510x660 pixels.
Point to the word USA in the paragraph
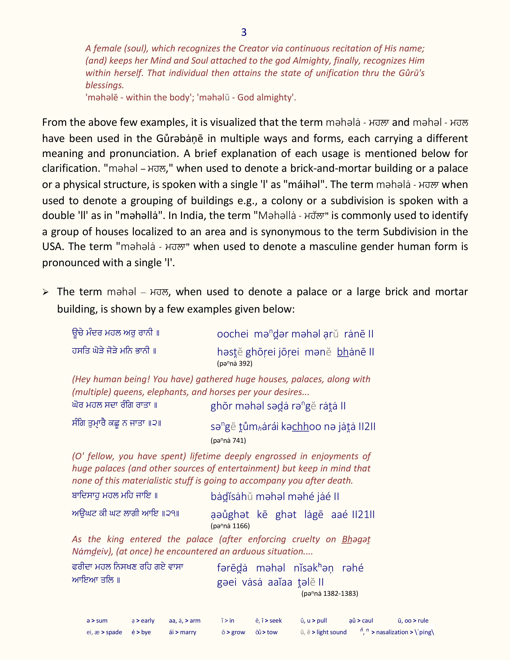pyautogui.click(x=52, y=247)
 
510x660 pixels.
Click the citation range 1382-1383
pyautogui.click(x=341, y=594)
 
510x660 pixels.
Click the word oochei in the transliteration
pyautogui.click(x=233, y=334)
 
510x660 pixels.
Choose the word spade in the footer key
pyautogui.click(x=114, y=632)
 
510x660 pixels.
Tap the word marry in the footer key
pyautogui.click(x=188, y=632)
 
